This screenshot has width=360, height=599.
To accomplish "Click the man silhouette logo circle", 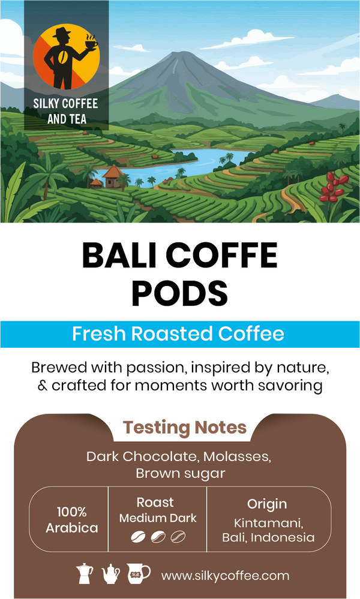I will click(67, 58).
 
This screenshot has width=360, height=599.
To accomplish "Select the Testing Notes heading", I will click(185, 428).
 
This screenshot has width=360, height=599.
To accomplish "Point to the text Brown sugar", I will click(180, 473).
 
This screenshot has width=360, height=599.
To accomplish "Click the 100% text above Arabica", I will click(72, 512).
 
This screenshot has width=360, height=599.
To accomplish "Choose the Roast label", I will click(155, 502).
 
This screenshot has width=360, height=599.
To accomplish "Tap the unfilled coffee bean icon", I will click(178, 535).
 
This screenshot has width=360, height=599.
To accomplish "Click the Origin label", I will click(267, 504).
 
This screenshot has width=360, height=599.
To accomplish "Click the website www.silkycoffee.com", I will click(225, 576).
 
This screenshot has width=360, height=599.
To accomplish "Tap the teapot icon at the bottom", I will click(111, 574).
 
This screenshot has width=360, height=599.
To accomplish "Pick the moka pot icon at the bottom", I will click(86, 573).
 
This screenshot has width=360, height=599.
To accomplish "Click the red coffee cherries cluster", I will click(332, 188).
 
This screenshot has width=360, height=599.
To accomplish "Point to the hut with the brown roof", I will click(112, 175).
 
